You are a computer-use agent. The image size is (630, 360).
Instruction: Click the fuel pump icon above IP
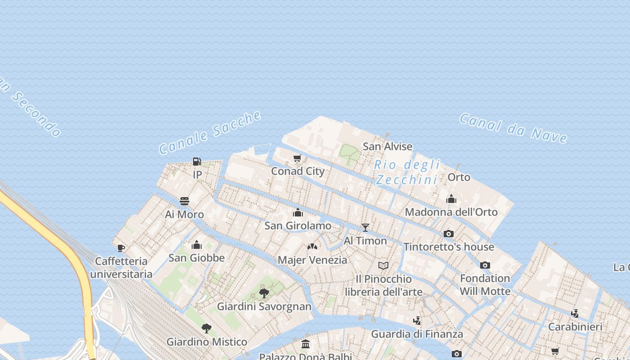197,161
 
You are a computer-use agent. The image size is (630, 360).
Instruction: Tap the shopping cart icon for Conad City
297,158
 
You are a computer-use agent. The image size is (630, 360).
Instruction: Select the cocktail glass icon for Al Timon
365,227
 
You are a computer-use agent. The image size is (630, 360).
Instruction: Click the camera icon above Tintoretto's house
449,234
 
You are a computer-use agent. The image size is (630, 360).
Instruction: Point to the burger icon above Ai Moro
184,201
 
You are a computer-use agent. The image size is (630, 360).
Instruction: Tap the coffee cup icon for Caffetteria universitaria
121,247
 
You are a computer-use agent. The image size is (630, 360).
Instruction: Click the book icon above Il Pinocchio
383,265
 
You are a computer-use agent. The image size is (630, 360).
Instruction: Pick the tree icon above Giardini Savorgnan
264,293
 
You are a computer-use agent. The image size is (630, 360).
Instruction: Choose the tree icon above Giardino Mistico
207,328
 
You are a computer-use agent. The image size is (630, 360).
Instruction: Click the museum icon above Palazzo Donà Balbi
306,344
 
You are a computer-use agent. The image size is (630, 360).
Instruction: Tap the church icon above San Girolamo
298,212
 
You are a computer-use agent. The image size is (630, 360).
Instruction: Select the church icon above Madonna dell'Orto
451,199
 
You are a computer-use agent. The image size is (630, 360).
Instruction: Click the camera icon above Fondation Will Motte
485,265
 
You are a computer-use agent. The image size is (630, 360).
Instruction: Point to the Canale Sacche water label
210,132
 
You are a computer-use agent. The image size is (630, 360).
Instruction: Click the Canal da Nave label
513,128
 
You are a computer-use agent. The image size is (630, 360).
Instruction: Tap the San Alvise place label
387,146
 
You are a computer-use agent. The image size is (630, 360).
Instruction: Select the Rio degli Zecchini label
407,172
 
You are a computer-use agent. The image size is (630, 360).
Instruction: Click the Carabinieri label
575,327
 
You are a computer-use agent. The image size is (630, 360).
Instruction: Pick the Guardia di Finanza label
417,334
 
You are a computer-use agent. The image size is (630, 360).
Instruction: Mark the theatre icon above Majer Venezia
312,247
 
